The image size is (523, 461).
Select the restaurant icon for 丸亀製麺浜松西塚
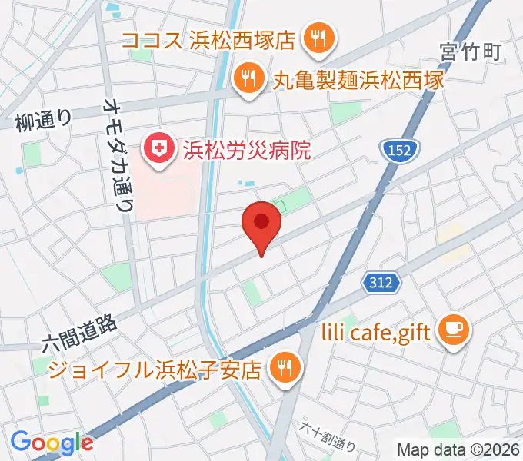248,77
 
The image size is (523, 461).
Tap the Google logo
52,443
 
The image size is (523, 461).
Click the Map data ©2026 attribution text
458,448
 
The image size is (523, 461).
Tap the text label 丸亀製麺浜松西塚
359,78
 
